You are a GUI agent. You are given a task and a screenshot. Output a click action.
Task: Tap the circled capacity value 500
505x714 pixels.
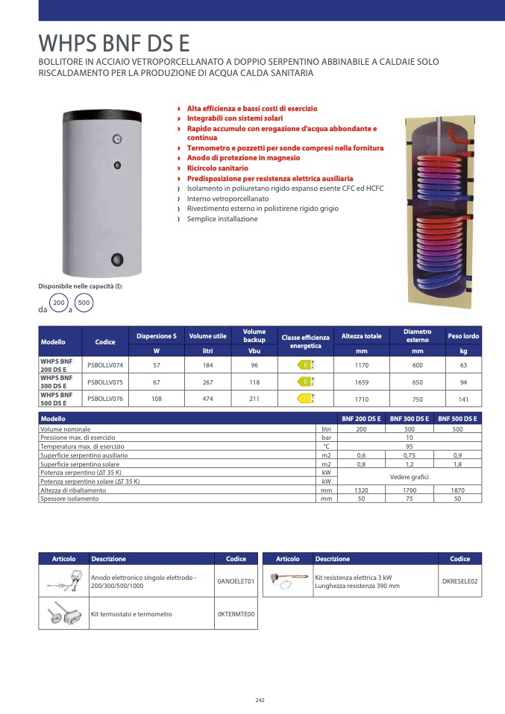(84, 303)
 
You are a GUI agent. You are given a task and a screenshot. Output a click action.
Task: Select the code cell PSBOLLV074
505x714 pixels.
(105, 365)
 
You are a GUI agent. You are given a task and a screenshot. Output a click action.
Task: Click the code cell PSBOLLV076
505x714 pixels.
(105, 399)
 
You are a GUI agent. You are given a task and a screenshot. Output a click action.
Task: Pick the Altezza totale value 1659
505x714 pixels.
(362, 382)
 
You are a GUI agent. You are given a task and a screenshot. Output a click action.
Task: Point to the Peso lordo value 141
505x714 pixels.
(463, 399)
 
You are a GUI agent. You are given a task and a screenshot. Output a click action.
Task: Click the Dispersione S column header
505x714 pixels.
(157, 336)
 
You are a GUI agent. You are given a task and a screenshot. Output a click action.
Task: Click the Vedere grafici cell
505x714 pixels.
(408, 476)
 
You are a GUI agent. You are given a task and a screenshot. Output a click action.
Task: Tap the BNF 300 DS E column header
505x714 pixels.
(408, 420)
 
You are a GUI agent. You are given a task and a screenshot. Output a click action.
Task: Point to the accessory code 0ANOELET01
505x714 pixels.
(236, 581)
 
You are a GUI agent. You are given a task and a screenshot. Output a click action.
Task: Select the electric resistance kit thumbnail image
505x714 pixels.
(288, 581)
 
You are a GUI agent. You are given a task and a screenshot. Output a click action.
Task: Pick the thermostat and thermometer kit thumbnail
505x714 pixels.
(63, 614)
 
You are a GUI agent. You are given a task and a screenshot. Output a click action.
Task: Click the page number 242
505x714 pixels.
(260, 700)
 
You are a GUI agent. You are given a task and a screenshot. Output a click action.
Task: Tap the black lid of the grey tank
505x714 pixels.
(104, 116)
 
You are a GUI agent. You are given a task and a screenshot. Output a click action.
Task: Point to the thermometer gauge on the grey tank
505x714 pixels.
(117, 139)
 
